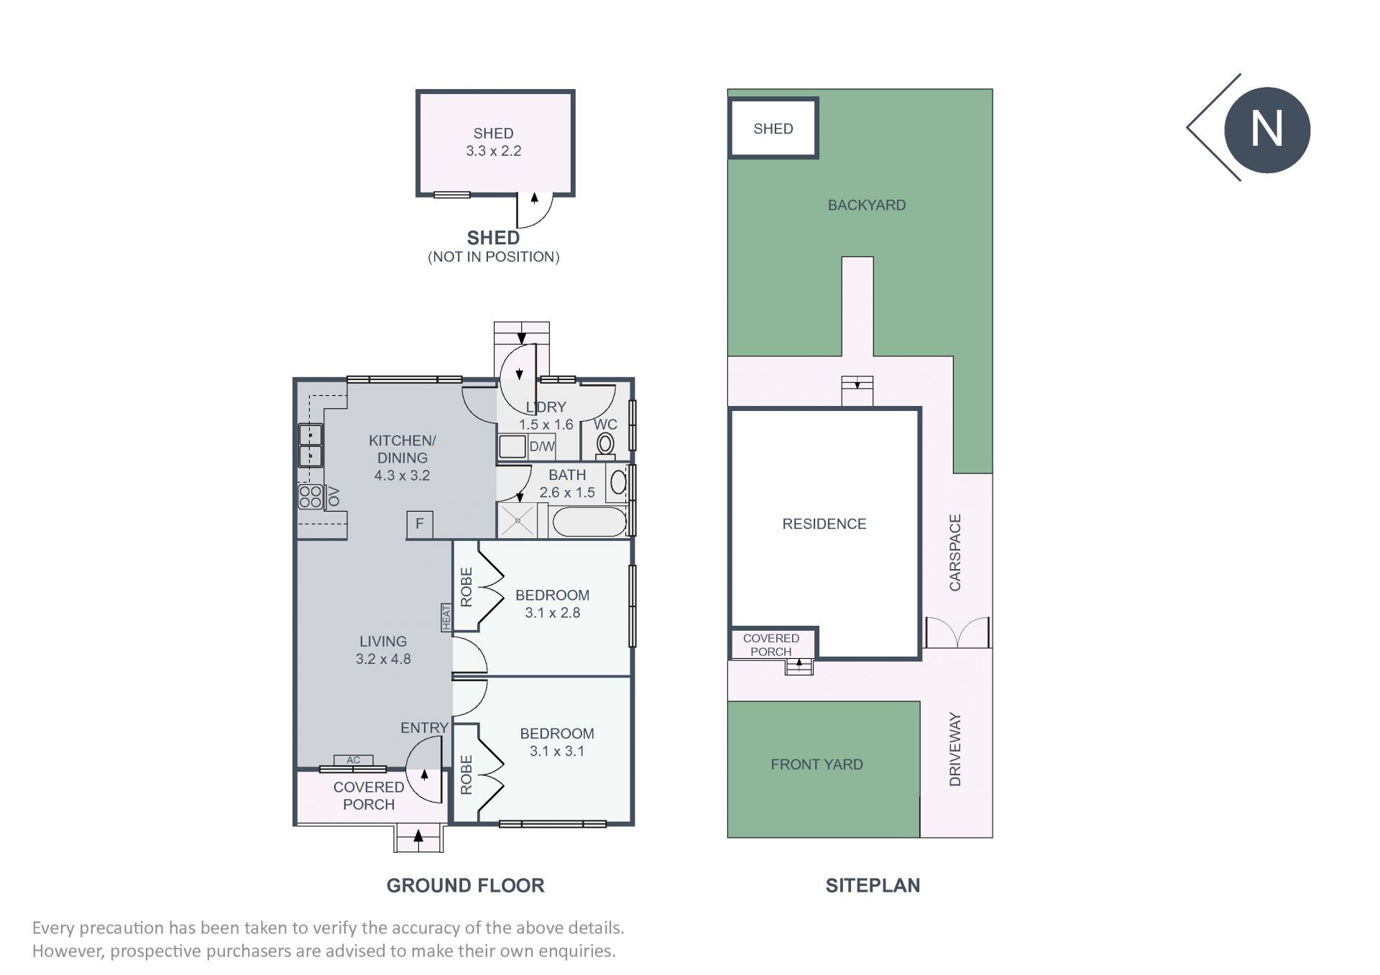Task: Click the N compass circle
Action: [1267, 130]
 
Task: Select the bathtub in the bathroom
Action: [589, 522]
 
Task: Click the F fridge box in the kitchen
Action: [420, 524]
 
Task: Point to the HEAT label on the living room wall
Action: [446, 618]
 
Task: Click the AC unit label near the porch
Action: [354, 760]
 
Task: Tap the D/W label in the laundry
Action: [542, 446]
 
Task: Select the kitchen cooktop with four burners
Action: [310, 496]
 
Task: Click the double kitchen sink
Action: [310, 445]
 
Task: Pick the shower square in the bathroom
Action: [517, 520]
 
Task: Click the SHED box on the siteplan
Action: [773, 129]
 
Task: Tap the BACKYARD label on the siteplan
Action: [867, 205]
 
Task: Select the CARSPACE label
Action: [955, 553]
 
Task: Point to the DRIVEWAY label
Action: [955, 749]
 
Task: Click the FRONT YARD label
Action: [816, 764]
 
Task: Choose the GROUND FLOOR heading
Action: [466, 886]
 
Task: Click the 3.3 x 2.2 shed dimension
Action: [494, 151]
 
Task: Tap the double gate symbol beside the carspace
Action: [957, 632]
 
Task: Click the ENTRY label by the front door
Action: [424, 728]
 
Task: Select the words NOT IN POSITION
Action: [494, 257]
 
